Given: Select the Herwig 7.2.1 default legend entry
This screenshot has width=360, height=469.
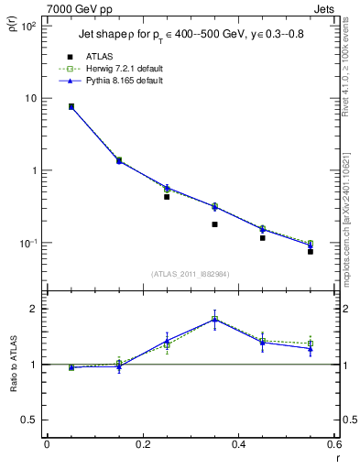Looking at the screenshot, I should (116, 68).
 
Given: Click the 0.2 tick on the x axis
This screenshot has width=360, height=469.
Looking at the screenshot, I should (142, 444).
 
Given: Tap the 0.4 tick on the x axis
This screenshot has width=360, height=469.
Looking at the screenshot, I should (238, 444).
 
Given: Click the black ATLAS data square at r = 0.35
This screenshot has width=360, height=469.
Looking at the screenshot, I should (214, 224).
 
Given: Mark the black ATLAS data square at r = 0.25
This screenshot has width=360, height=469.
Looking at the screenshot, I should (167, 197).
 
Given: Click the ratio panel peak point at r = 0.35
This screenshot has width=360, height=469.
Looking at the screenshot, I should (214, 319).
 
